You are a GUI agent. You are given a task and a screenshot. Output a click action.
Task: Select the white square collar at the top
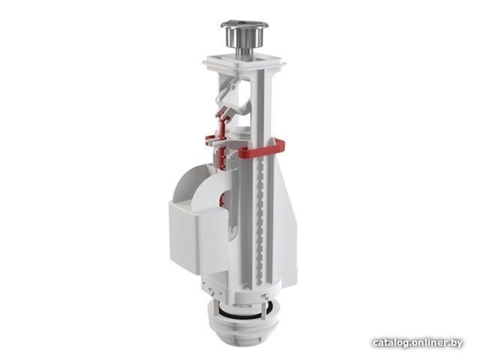[x=244, y=63]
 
